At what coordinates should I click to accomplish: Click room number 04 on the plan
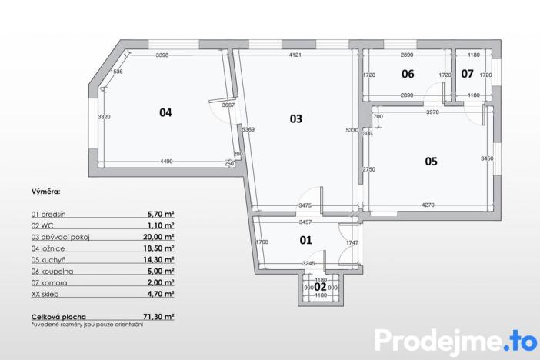[x=165, y=112]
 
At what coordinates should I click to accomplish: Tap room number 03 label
[x=295, y=118]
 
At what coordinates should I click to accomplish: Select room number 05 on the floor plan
[x=431, y=161]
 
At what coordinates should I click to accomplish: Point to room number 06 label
[x=408, y=74]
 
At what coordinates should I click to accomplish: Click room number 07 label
[x=467, y=74]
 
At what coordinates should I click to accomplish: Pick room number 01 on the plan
[x=305, y=240]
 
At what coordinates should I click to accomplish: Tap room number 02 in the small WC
[x=320, y=286]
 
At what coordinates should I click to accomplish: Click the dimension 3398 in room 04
[x=162, y=55]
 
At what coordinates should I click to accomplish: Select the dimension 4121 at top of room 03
[x=295, y=55]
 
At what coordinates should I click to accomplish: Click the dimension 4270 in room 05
[x=428, y=205]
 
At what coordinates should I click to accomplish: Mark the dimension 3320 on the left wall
[x=105, y=116]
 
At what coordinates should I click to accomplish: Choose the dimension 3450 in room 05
[x=486, y=158]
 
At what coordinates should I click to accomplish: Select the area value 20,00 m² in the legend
[x=160, y=237]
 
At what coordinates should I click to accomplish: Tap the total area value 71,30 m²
[x=160, y=317]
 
